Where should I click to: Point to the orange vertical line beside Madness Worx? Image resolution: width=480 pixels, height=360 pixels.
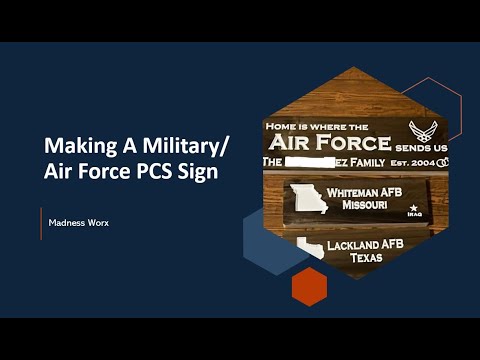tap(41, 223)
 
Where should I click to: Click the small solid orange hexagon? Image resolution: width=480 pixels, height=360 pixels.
tap(309, 286)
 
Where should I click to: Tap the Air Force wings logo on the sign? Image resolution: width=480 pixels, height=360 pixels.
tap(424, 130)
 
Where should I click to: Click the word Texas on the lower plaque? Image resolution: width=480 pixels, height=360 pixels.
tap(365, 258)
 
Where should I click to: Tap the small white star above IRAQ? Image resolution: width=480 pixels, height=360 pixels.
tap(413, 208)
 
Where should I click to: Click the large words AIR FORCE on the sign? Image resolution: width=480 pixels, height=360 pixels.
tap(327, 142)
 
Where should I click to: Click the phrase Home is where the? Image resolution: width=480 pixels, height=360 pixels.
tap(314, 126)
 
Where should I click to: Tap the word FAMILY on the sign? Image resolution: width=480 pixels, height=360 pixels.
tap(369, 161)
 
